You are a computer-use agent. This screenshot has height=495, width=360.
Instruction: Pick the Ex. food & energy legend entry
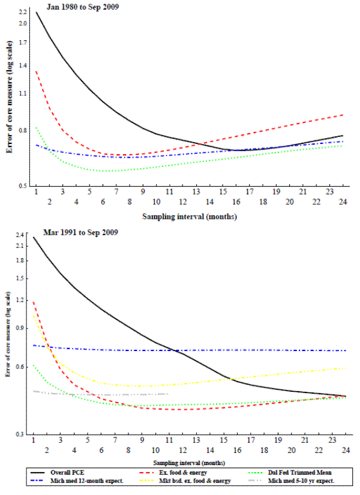[x=182, y=473]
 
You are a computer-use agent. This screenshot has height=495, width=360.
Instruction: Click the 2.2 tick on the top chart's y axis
[x=23, y=12]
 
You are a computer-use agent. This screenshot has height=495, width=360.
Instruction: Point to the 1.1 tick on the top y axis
[x=23, y=94]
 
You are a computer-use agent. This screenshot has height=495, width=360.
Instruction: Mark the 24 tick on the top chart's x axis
[x=343, y=191]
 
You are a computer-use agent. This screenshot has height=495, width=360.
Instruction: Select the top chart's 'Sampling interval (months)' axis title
[x=190, y=215]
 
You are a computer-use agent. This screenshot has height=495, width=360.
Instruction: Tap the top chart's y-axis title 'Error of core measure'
[x=10, y=100]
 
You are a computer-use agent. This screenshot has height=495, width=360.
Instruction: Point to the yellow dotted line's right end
[x=346, y=368]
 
